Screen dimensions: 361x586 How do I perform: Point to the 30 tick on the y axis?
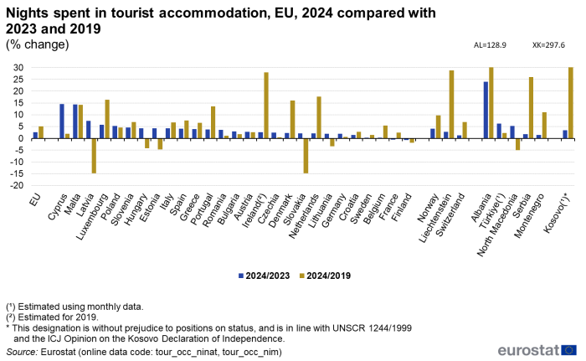tap(18, 68)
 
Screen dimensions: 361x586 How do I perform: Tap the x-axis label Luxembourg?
tap(96, 172)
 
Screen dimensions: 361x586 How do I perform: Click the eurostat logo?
tap(537, 349)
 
